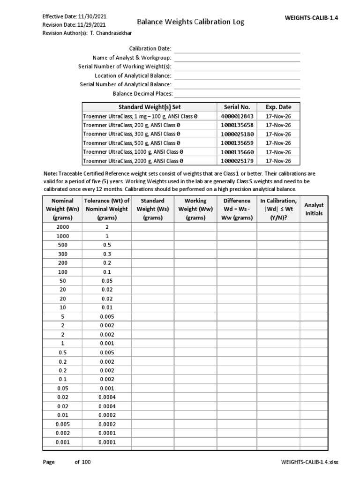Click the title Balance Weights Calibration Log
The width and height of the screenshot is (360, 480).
[190, 22]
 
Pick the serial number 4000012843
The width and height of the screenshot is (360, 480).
[237, 116]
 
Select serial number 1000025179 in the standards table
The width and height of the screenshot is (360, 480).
[237, 161]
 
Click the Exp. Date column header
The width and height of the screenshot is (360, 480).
[278, 107]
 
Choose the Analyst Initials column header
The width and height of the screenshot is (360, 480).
[314, 209]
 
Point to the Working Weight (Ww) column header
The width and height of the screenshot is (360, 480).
[195, 209]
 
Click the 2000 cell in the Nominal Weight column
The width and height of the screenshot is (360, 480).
[63, 227]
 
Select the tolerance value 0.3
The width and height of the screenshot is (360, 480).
[106, 254]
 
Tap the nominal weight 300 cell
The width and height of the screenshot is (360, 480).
[63, 254]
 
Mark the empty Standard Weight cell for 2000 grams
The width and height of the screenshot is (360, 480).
[153, 227]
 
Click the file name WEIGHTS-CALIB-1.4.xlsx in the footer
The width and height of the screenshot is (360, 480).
[309, 462]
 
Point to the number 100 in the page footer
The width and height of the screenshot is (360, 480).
[86, 462]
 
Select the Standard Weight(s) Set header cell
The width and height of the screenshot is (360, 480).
[149, 107]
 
